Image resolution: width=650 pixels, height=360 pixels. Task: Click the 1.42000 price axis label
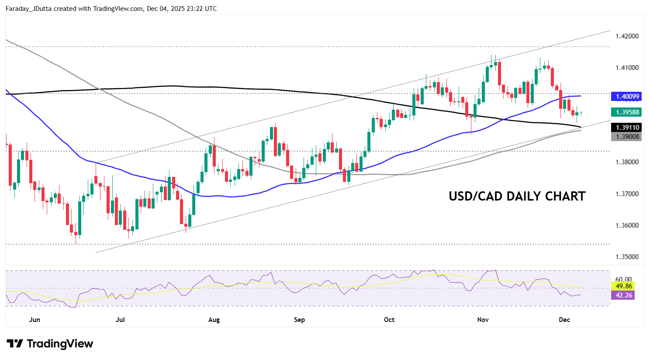click(x=627, y=36)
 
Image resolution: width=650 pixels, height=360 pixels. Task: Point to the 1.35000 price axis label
click(x=627, y=257)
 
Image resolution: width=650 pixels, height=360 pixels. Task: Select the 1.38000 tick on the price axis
click(x=627, y=162)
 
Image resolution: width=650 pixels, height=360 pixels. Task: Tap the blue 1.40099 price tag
click(x=627, y=97)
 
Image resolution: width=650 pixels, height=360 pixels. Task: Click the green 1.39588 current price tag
click(x=627, y=112)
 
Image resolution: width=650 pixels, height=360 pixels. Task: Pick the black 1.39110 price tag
click(x=627, y=128)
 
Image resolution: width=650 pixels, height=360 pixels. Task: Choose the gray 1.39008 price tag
click(x=627, y=137)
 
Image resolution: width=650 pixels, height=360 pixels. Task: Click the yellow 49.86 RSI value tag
click(x=623, y=286)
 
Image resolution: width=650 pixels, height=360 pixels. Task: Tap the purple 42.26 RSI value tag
click(x=623, y=295)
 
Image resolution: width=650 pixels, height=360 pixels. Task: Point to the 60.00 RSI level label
click(x=623, y=279)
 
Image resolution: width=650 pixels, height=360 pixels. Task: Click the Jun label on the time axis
click(x=35, y=320)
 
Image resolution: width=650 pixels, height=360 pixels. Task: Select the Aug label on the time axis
click(x=214, y=320)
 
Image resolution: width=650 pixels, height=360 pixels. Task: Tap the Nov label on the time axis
click(x=483, y=320)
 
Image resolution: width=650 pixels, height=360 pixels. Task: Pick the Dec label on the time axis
click(x=564, y=320)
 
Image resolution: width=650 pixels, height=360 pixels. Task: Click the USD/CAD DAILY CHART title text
click(x=517, y=196)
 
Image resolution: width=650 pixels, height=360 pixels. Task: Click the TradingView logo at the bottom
click(x=50, y=344)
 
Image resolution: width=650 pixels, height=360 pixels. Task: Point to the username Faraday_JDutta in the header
click(x=29, y=9)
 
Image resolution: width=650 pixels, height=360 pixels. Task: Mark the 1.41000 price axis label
click(x=627, y=68)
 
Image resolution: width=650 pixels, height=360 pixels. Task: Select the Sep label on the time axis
click(x=299, y=320)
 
